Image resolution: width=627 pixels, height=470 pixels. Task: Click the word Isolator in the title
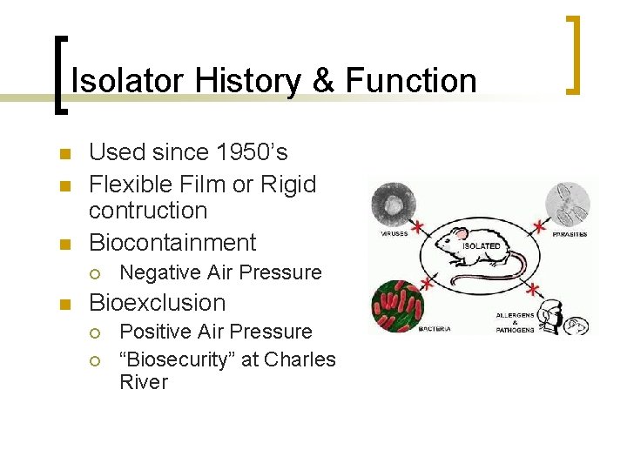(x=128, y=81)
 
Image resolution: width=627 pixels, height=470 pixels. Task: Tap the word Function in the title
(x=411, y=81)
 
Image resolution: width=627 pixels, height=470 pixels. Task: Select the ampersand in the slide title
(x=322, y=81)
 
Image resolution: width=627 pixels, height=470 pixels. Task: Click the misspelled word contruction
(x=148, y=211)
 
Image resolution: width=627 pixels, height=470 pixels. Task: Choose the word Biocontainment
(x=172, y=243)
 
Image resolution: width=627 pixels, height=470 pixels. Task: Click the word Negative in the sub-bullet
(x=158, y=272)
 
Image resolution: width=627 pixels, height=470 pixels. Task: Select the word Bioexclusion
(x=157, y=303)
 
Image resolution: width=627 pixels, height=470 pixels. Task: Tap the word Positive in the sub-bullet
(x=153, y=332)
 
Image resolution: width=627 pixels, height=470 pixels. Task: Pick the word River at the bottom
(x=143, y=382)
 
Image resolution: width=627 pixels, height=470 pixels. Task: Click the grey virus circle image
(x=396, y=205)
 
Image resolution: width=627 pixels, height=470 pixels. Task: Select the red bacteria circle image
(x=398, y=305)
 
